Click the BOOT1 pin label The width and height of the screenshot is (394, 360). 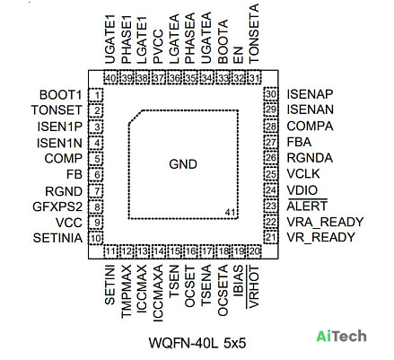[60, 95]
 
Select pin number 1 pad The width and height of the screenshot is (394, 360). [96, 95]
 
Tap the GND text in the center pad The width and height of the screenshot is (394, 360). [183, 164]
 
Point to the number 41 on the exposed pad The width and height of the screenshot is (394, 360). [230, 212]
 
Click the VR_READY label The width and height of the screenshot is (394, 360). [320, 237]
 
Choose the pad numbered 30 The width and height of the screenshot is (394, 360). [271, 94]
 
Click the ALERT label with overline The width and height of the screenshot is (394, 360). [307, 206]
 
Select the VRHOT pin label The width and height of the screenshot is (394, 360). [253, 286]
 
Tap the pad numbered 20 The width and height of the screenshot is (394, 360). [254, 251]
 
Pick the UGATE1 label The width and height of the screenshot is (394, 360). [110, 40]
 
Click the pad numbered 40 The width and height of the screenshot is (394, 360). [110, 78]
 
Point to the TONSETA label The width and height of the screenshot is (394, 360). [253, 33]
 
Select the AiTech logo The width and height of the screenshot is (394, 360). [341, 336]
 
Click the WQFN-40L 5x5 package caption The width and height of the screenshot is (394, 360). [197, 343]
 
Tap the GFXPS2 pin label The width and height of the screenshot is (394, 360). [57, 206]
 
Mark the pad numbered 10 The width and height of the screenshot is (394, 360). [96, 238]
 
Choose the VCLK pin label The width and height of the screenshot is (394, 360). [303, 174]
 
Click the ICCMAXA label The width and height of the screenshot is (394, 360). [158, 294]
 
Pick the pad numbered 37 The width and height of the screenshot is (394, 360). [159, 78]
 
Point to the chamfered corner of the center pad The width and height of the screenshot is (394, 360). [136, 117]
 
